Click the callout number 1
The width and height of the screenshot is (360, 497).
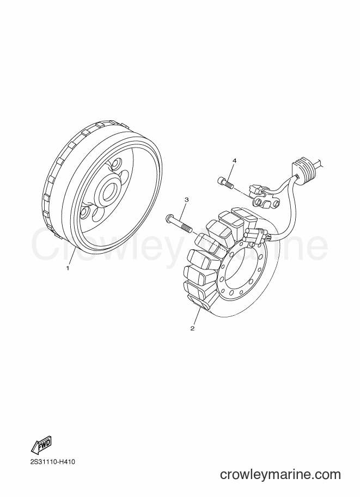click(x=68, y=268)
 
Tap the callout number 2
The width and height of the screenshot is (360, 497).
click(x=192, y=328)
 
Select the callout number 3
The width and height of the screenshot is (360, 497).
click(x=186, y=200)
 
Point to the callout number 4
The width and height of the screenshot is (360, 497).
click(x=234, y=161)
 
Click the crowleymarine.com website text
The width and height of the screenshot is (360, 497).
click(x=280, y=475)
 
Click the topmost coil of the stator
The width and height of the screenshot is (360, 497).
click(x=243, y=216)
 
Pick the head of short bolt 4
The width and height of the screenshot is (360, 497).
click(x=221, y=181)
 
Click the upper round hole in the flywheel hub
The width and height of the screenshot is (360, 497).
click(x=116, y=164)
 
